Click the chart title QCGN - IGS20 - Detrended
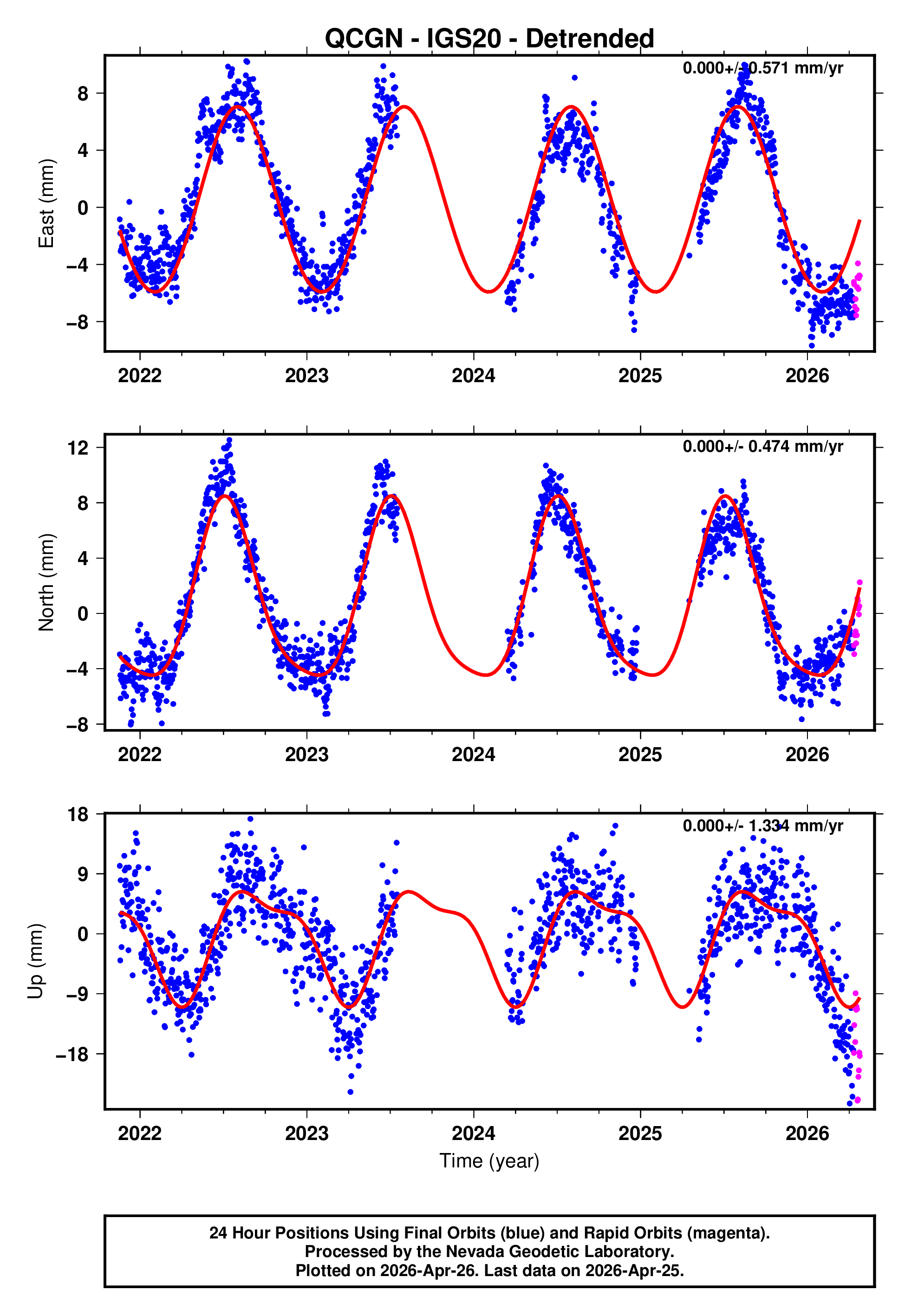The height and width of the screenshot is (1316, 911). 489,39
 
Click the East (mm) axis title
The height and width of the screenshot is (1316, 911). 46,204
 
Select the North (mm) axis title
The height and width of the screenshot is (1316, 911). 46,582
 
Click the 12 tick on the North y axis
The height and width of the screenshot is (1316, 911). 78,448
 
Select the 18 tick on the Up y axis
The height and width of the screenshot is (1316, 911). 78,815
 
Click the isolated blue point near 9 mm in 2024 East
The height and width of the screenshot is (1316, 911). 574,78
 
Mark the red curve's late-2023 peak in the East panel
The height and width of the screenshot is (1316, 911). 405,107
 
